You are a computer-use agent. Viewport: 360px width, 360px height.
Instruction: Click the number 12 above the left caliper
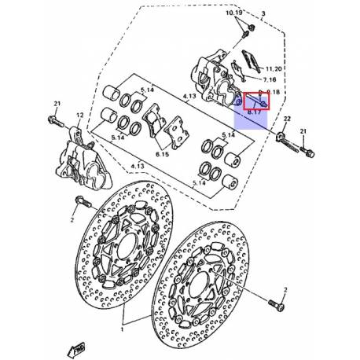tap(79, 116)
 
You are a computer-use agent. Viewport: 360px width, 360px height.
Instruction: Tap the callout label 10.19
tap(236, 14)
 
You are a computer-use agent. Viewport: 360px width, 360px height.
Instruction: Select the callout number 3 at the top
tap(264, 14)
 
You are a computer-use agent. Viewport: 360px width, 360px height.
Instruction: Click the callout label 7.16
tap(269, 81)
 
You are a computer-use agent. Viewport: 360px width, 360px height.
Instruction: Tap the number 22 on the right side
tap(288, 118)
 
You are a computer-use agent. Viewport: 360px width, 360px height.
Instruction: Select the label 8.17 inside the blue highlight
tap(255, 113)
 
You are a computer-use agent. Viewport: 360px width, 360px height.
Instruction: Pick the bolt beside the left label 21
tap(57, 123)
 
